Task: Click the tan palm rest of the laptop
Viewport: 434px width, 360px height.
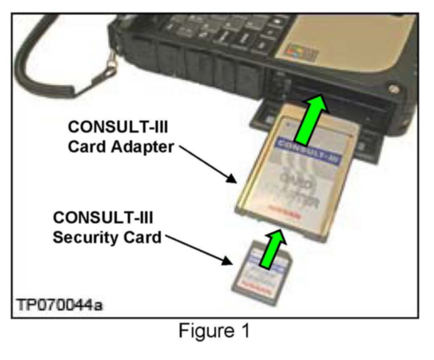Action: pos(355,36)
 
